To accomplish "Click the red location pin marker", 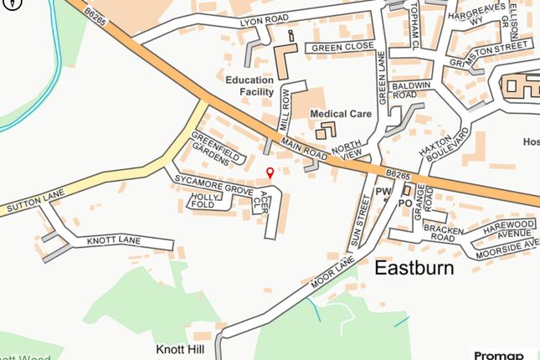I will click(x=269, y=172).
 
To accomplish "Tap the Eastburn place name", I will click(x=414, y=269).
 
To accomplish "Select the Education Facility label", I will click(x=250, y=86).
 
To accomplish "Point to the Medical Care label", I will click(x=340, y=113).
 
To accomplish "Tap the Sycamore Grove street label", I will click(x=213, y=186).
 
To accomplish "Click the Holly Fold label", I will click(x=204, y=200).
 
